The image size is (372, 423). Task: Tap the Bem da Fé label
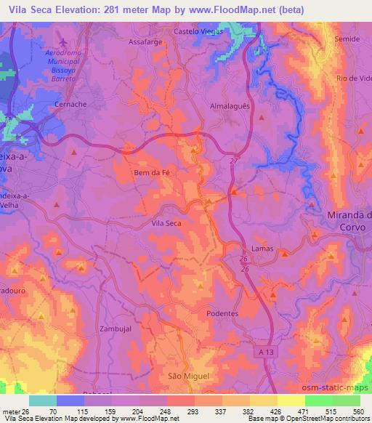click(x=152, y=173)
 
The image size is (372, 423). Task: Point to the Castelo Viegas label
click(x=201, y=32)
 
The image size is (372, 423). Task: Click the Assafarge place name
click(x=146, y=43)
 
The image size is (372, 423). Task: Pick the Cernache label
click(x=72, y=105)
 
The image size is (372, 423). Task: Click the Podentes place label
click(x=222, y=313)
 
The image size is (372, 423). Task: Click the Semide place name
click(x=345, y=39)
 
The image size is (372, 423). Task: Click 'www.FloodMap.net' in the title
click(x=243, y=9)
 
